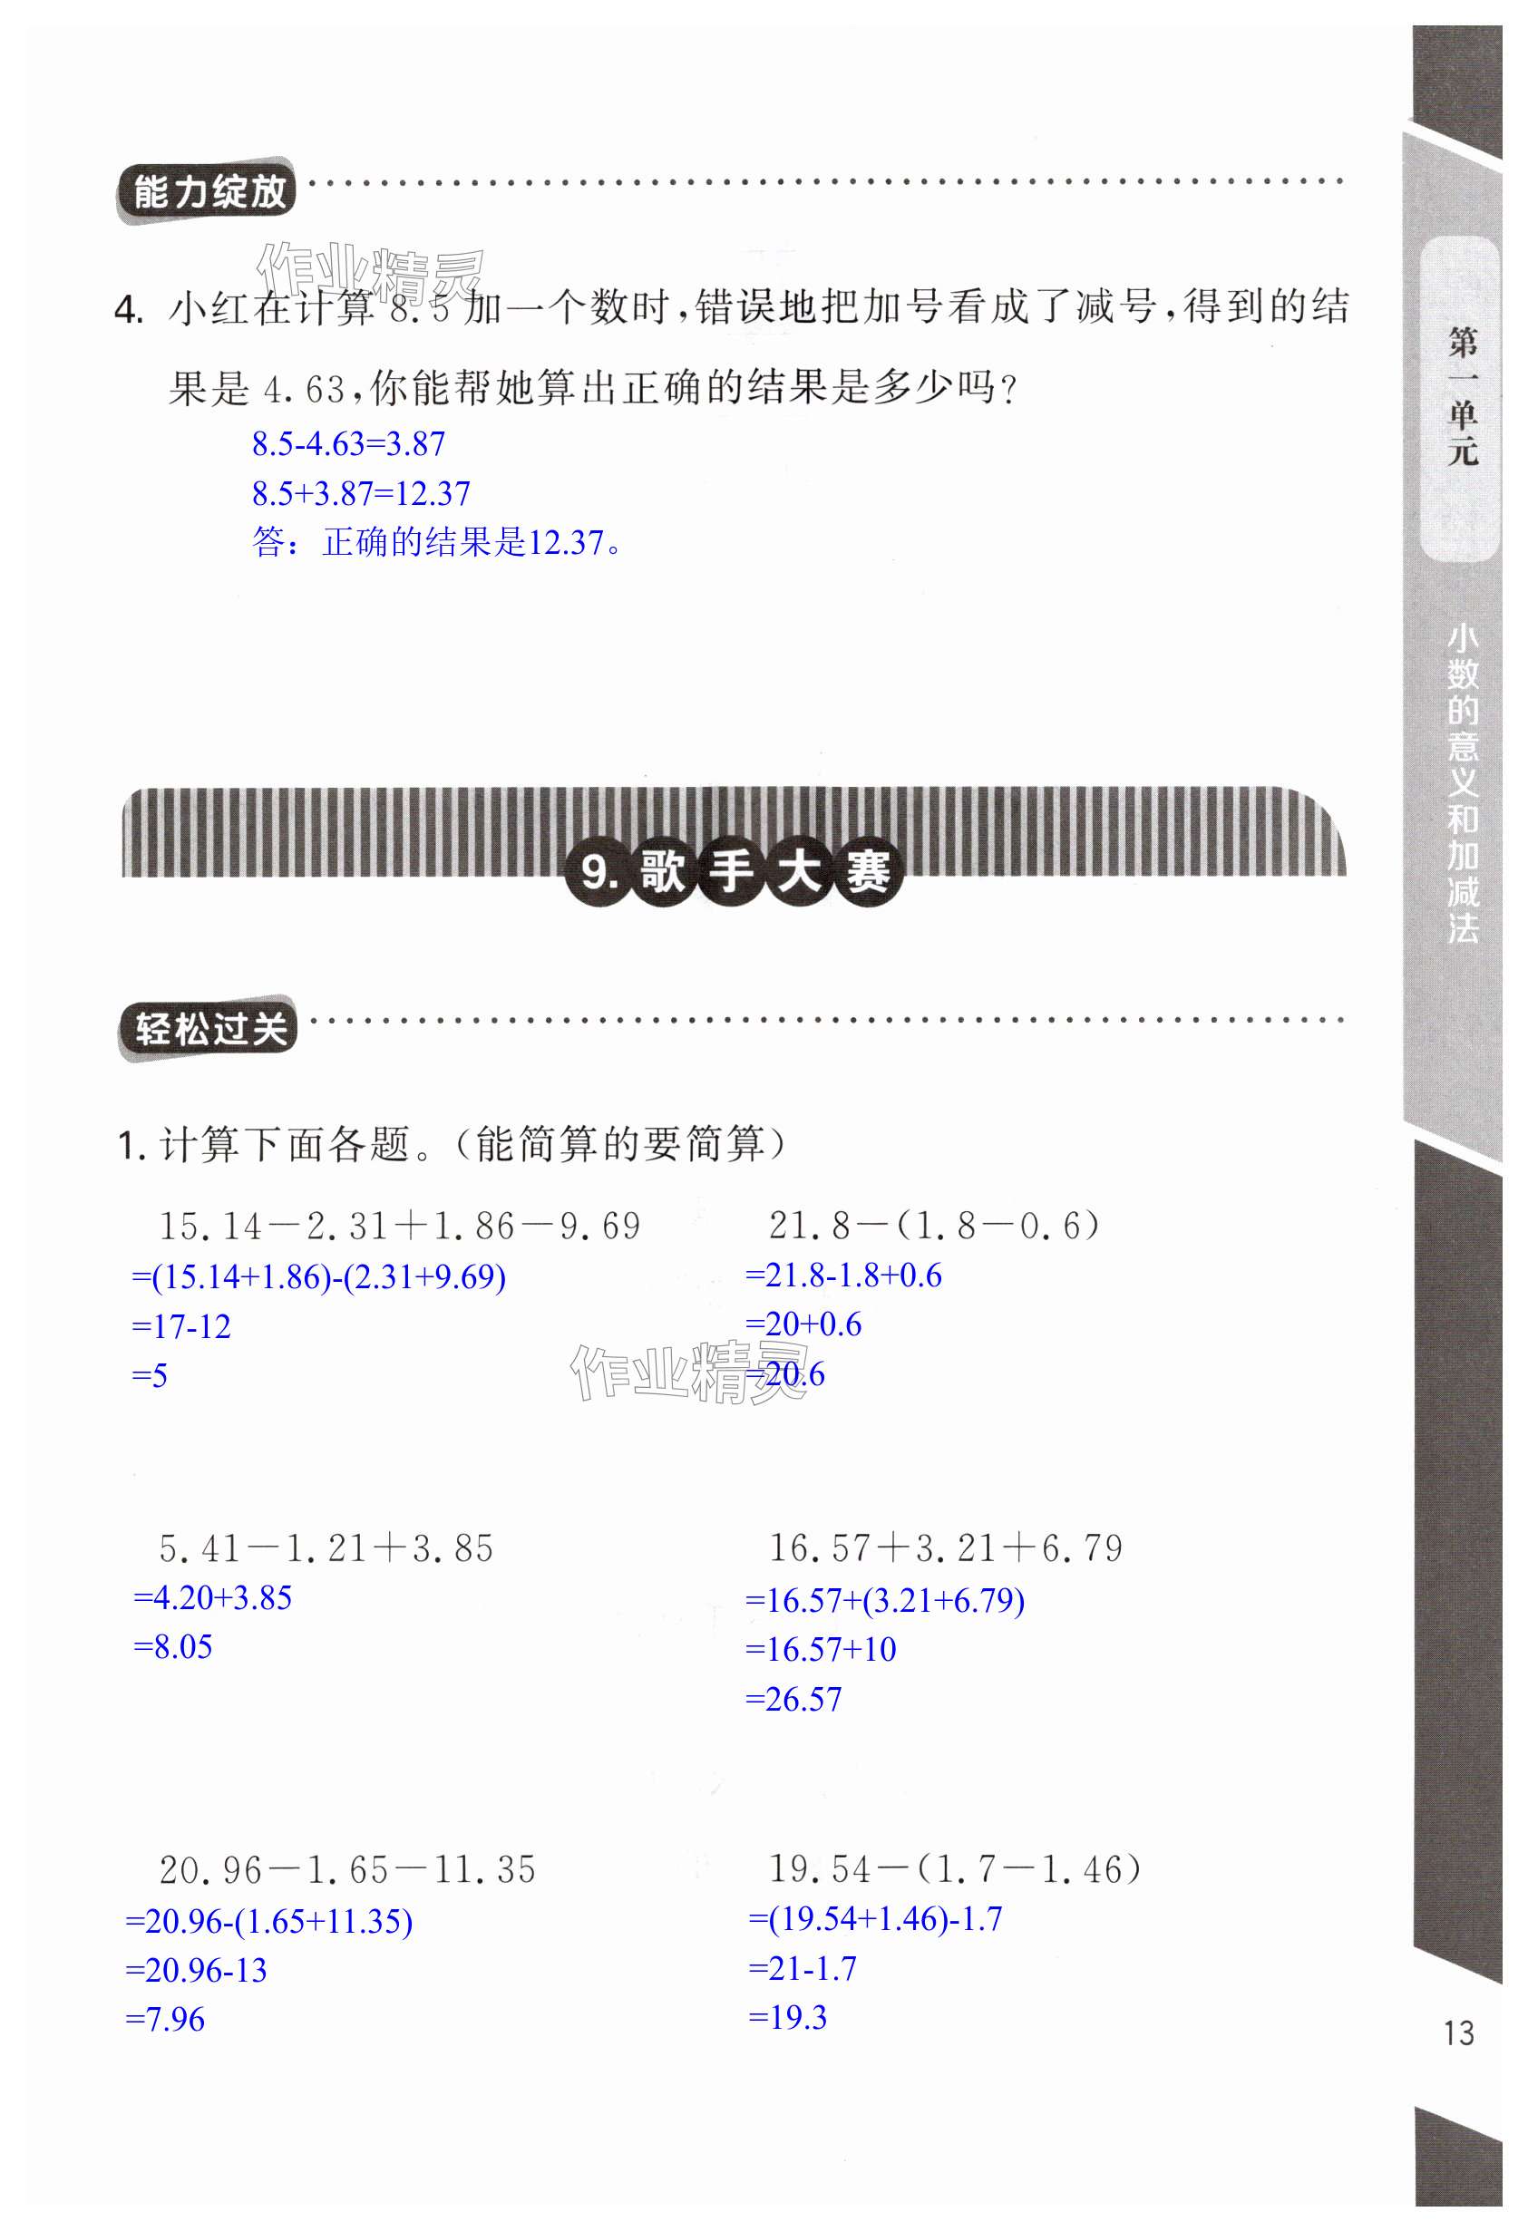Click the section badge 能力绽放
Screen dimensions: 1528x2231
click(x=207, y=192)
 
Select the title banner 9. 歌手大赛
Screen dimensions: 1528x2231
click(x=735, y=872)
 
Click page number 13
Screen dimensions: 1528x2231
click(x=1458, y=2032)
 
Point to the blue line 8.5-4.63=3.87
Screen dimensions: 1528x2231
click(x=348, y=444)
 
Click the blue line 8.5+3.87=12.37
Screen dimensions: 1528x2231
click(x=361, y=494)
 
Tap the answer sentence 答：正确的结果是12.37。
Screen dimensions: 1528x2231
click(x=437, y=543)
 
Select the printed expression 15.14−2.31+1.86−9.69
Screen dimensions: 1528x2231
click(x=400, y=1227)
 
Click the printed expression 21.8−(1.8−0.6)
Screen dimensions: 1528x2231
click(x=934, y=1226)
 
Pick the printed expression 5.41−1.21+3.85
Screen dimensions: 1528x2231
click(x=326, y=1548)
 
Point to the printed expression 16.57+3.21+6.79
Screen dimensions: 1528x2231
click(x=945, y=1547)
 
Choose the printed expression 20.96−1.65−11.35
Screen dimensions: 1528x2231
click(x=346, y=1869)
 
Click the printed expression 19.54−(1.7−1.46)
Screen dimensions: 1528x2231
click(x=955, y=1868)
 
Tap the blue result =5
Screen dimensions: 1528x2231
click(x=150, y=1375)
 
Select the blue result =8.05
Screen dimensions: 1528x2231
click(x=173, y=1647)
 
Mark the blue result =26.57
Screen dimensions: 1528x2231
click(x=793, y=1699)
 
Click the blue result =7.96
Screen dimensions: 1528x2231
click(x=165, y=2019)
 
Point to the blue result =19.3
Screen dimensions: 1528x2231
click(x=787, y=2017)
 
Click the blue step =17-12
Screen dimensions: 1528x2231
click(x=181, y=1326)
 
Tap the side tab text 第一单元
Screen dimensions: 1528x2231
click(x=1462, y=395)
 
